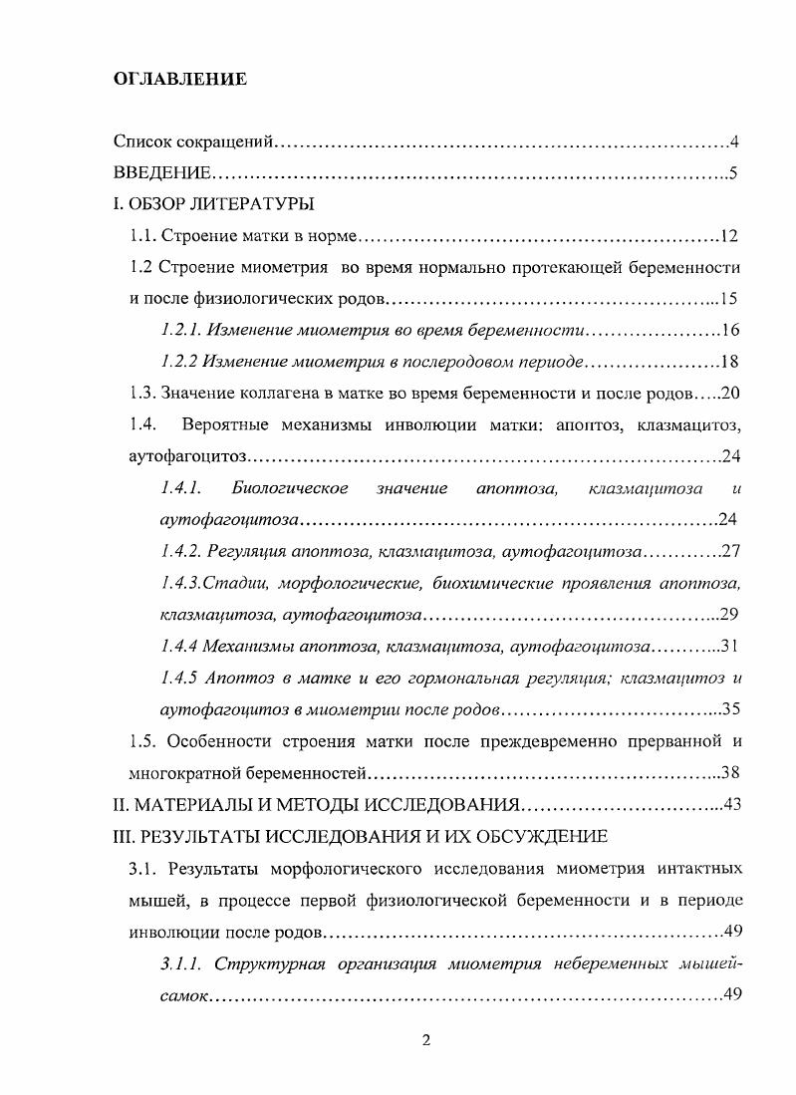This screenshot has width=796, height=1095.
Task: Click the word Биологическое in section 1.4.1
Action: pos(289,488)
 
